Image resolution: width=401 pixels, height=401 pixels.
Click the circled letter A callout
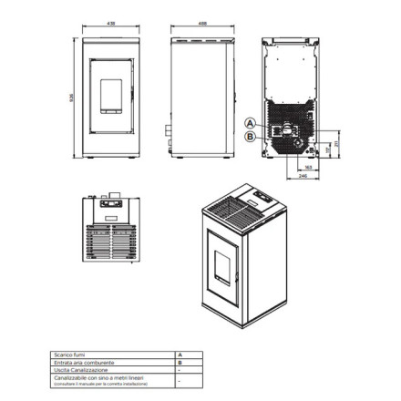(x=251, y=122)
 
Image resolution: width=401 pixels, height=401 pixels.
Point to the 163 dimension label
(x=308, y=167)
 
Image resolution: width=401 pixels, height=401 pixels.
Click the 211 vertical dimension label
(x=337, y=144)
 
